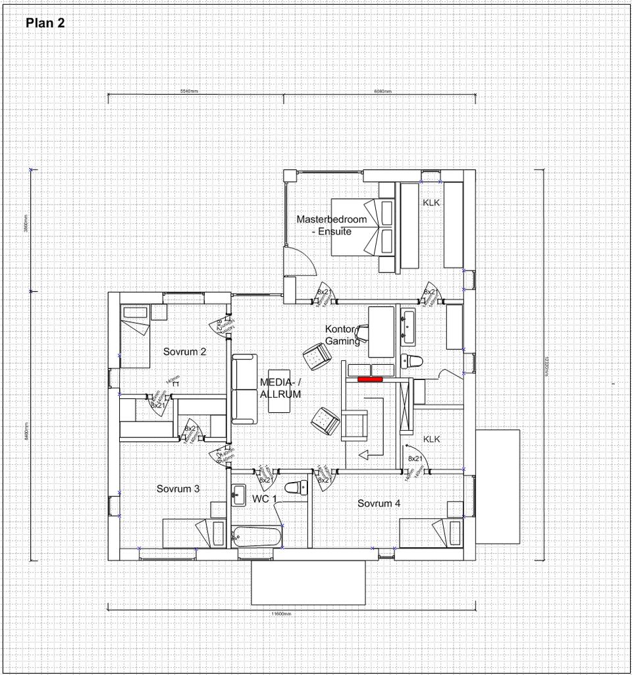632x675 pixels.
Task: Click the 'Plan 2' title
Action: (x=45, y=23)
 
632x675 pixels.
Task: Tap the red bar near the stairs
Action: (x=370, y=379)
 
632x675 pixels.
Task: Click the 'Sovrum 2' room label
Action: (x=185, y=352)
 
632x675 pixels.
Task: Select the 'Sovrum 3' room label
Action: (x=178, y=489)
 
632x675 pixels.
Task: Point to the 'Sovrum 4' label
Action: (x=379, y=503)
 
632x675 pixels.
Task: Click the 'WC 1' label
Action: (x=265, y=499)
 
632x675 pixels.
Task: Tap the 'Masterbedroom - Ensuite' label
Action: (x=331, y=225)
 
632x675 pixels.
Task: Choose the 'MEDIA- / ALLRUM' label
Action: (x=280, y=388)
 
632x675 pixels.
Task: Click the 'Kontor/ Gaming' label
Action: (x=342, y=335)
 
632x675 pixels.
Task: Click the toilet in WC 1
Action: (x=296, y=488)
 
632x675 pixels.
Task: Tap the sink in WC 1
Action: (x=238, y=493)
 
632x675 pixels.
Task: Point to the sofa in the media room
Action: (x=244, y=389)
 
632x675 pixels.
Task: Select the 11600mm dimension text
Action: (x=281, y=613)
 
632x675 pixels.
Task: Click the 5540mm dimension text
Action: (x=189, y=91)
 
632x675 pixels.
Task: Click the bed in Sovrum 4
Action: (x=434, y=531)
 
